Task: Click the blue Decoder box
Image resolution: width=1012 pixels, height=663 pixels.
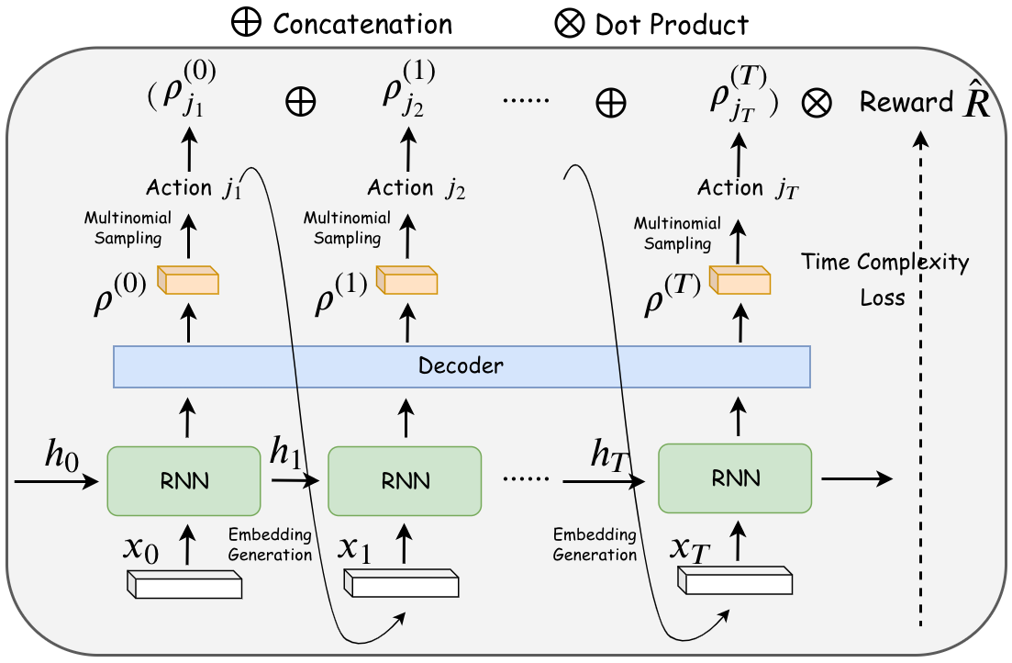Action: click(462, 366)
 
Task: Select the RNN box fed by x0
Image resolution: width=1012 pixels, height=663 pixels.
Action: click(183, 481)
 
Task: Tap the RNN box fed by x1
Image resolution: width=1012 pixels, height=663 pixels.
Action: click(405, 481)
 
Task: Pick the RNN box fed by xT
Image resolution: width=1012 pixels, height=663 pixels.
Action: click(735, 478)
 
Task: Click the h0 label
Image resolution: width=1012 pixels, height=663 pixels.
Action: click(61, 455)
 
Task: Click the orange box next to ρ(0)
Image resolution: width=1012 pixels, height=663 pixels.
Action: click(188, 280)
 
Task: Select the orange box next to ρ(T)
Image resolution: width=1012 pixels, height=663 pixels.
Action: click(740, 280)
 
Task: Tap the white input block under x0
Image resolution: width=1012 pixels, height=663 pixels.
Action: click(184, 584)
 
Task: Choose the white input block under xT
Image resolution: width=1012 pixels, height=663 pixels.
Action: click(735, 580)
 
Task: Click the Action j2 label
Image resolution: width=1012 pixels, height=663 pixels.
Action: click(417, 188)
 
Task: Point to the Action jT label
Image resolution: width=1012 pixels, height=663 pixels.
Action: click(748, 188)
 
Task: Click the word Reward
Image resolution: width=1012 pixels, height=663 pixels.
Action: click(906, 102)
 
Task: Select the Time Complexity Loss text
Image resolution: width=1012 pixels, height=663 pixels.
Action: click(884, 279)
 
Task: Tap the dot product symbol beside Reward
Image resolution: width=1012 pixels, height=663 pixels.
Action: click(817, 103)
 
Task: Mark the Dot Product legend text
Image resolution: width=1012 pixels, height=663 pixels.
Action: click(672, 25)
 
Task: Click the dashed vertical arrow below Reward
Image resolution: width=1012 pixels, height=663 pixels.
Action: click(921, 378)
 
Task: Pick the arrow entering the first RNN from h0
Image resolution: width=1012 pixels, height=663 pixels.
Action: click(57, 481)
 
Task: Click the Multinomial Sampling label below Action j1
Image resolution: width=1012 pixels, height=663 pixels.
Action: click(128, 228)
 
